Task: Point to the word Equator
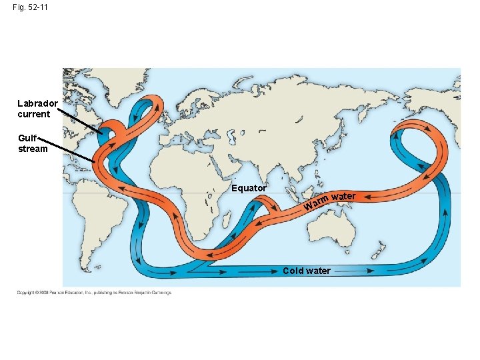tap(249, 188)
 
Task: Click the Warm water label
tap(329, 199)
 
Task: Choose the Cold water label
tap(306, 271)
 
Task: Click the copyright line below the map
tap(94, 293)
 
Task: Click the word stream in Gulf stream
tap(33, 149)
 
